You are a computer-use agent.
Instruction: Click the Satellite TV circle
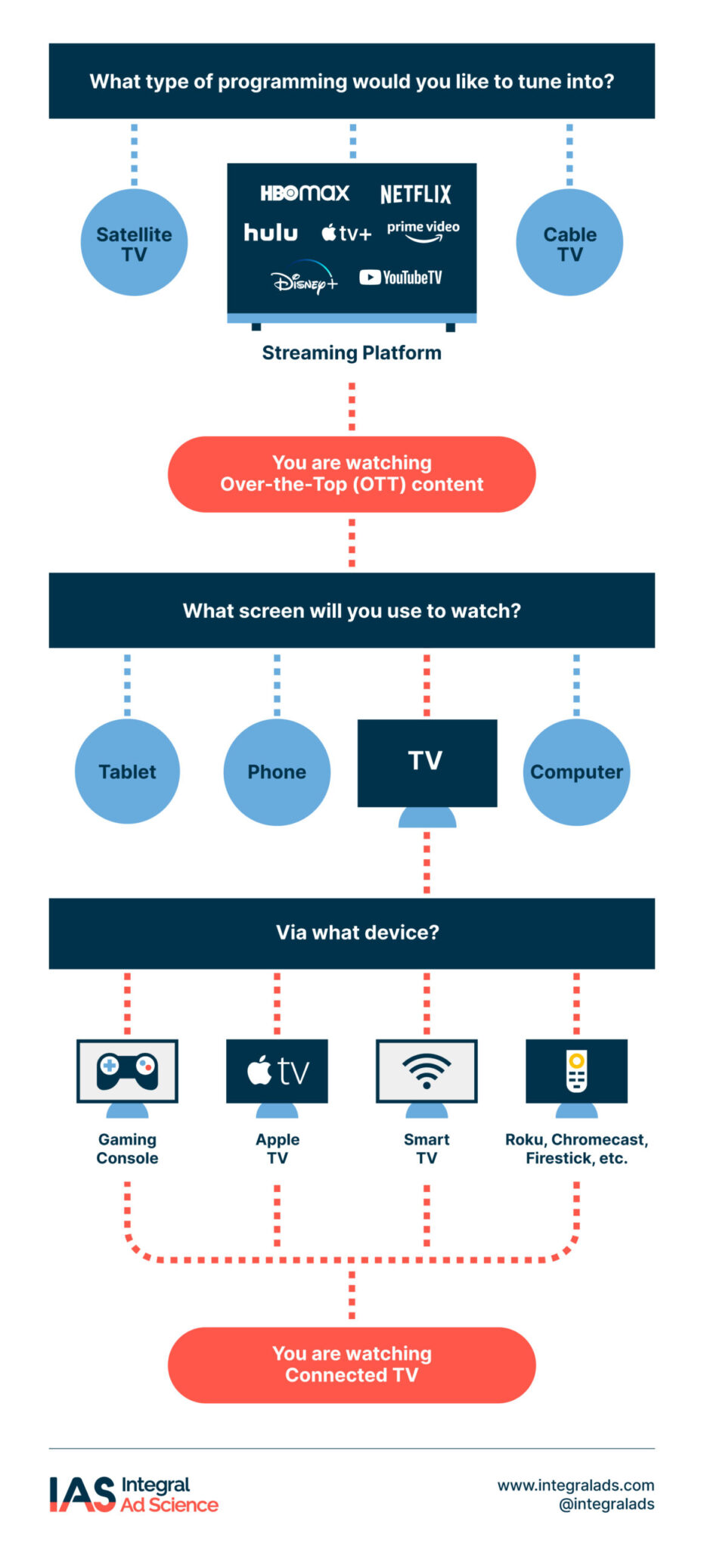click(134, 243)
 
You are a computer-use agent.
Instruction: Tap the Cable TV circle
click(569, 243)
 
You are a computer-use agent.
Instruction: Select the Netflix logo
click(415, 194)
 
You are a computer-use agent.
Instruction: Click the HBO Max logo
click(305, 193)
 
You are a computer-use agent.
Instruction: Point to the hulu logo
click(271, 232)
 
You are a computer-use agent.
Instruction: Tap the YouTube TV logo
click(401, 278)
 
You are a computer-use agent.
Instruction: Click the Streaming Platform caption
click(352, 353)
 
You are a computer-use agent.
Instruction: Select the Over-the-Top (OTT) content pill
click(352, 474)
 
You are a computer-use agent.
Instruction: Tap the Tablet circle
click(127, 771)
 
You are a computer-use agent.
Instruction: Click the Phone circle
click(277, 771)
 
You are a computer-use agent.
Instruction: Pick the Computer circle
click(576, 771)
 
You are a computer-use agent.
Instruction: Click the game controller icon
click(127, 1070)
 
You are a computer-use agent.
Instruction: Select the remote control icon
click(576, 1071)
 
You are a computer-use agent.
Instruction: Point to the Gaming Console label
click(127, 1148)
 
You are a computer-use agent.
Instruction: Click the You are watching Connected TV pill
click(352, 1364)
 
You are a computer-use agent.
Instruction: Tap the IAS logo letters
click(82, 1495)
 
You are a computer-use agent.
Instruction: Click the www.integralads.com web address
click(575, 1485)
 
